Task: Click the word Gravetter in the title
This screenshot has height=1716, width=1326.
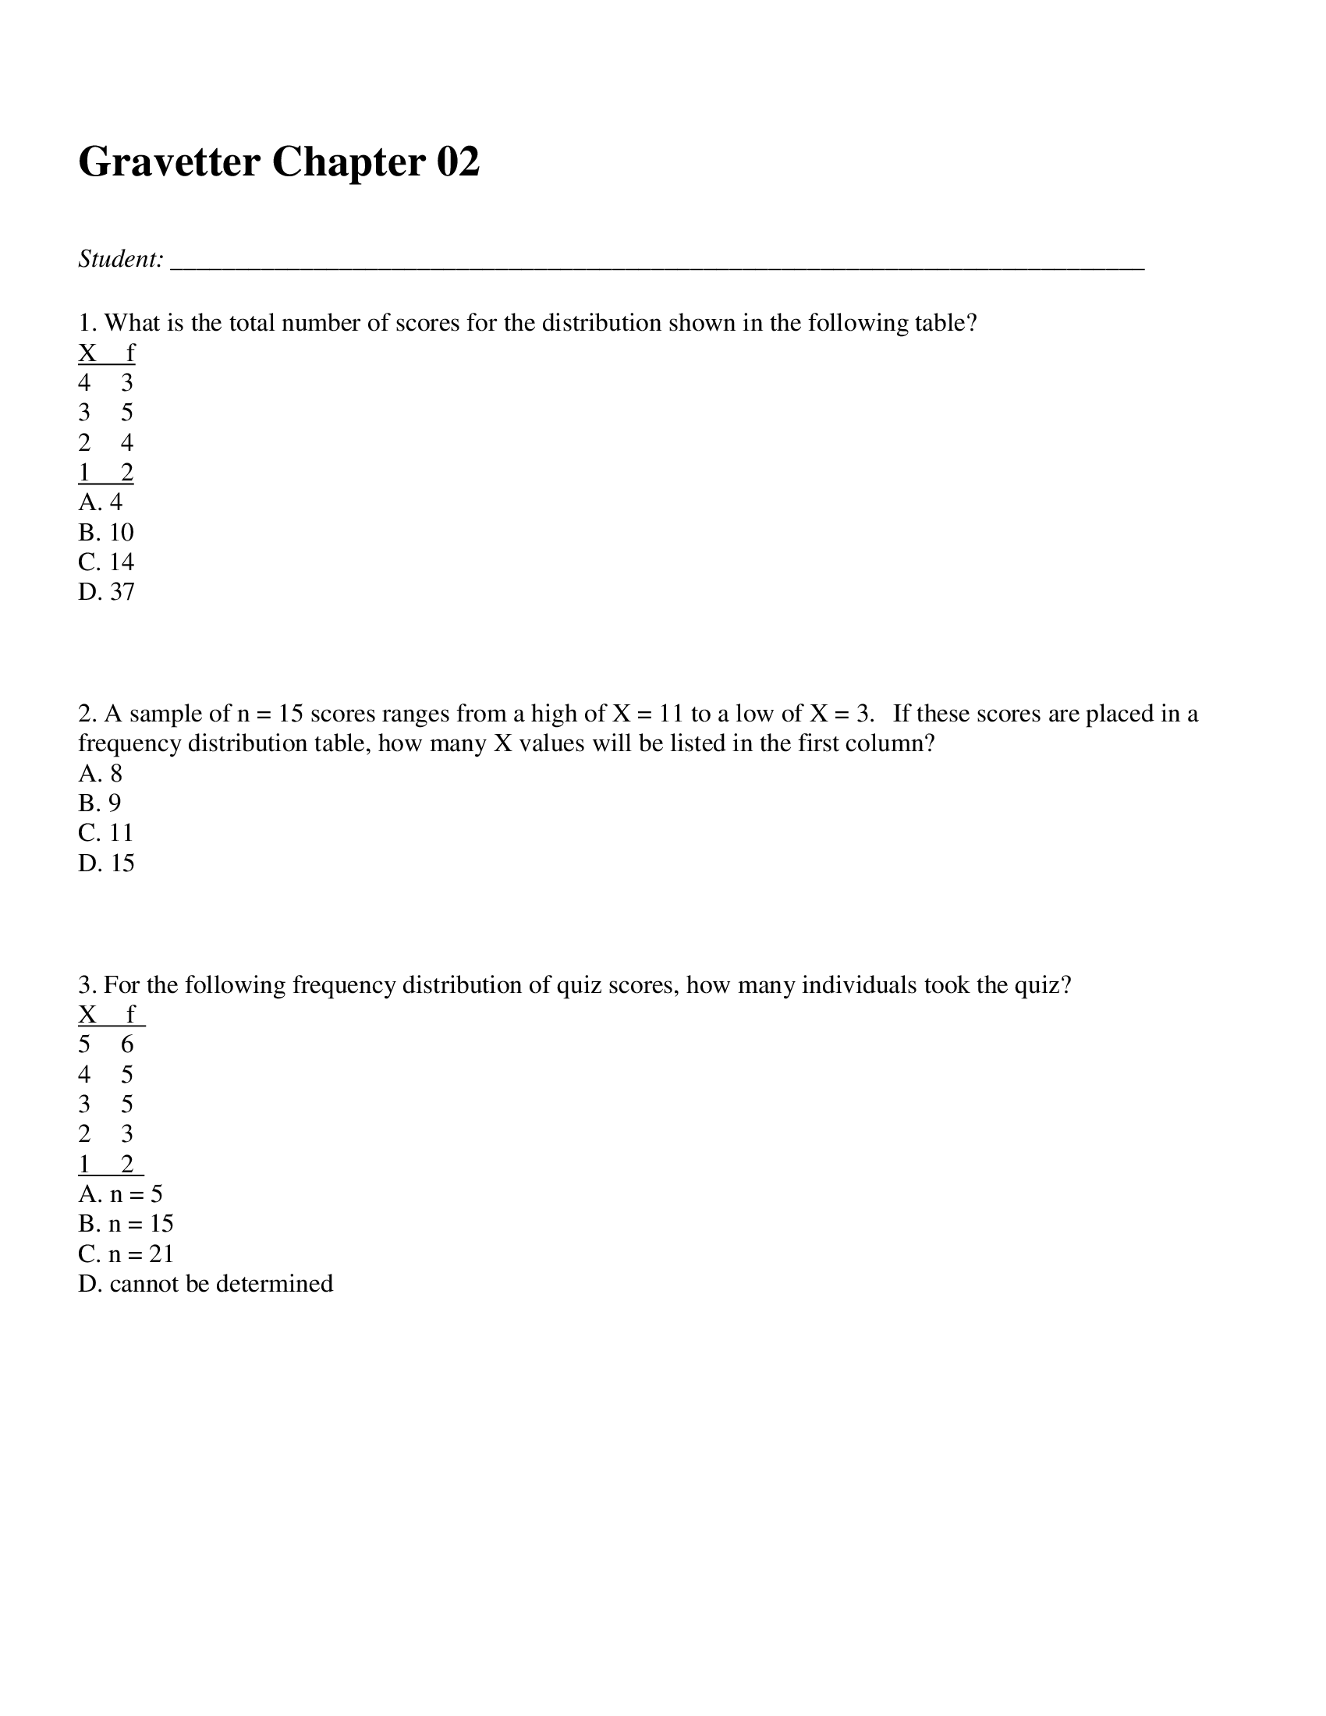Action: click(x=169, y=162)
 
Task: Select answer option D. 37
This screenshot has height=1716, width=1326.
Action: click(x=107, y=592)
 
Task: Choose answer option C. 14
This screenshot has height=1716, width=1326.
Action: click(x=107, y=562)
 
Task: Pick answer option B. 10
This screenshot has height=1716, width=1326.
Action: click(x=107, y=533)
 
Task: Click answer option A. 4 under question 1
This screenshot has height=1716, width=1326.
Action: click(x=101, y=502)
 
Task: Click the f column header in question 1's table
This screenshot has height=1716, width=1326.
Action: click(x=130, y=353)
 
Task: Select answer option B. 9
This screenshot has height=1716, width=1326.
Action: click(x=100, y=803)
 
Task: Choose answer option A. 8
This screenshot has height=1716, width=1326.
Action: click(x=101, y=774)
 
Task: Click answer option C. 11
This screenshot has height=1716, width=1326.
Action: click(x=107, y=833)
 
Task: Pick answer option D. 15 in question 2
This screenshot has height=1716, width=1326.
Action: click(x=107, y=863)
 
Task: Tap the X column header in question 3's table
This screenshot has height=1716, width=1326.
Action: click(x=87, y=1015)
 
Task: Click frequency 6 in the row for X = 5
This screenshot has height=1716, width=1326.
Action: click(x=127, y=1045)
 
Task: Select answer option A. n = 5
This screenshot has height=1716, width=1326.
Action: click(x=120, y=1194)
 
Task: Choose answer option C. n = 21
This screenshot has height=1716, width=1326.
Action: click(x=126, y=1254)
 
